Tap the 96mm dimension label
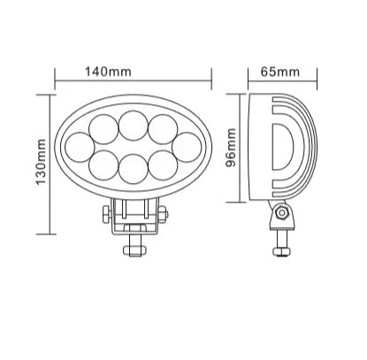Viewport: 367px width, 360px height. click(233, 146)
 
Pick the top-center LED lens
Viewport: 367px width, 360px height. click(134, 121)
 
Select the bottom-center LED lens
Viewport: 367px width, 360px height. click(134, 167)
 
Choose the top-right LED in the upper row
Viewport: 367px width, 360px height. click(163, 125)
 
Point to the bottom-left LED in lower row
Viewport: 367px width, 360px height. click(104, 163)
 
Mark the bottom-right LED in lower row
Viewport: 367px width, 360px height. click(163, 163)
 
